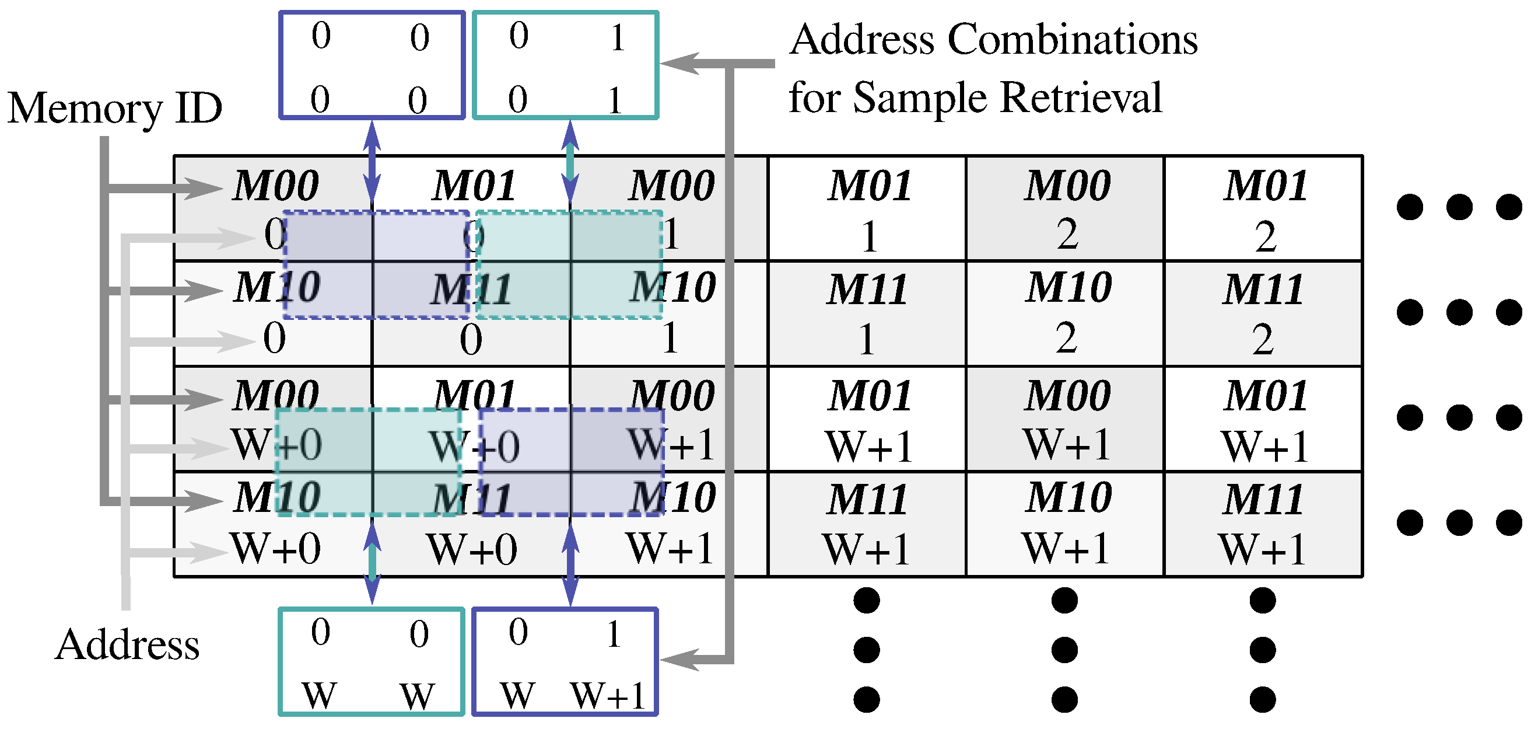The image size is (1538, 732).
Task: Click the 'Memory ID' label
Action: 115,109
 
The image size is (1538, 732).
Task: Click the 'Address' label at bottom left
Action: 127,646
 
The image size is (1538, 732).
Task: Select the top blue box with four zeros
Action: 372,65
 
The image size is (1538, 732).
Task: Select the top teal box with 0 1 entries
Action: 565,65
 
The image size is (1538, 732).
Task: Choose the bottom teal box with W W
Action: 371,662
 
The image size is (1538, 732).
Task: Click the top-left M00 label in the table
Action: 276,186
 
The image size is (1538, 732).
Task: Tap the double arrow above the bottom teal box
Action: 372,562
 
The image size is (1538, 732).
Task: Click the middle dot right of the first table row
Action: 1459,207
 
